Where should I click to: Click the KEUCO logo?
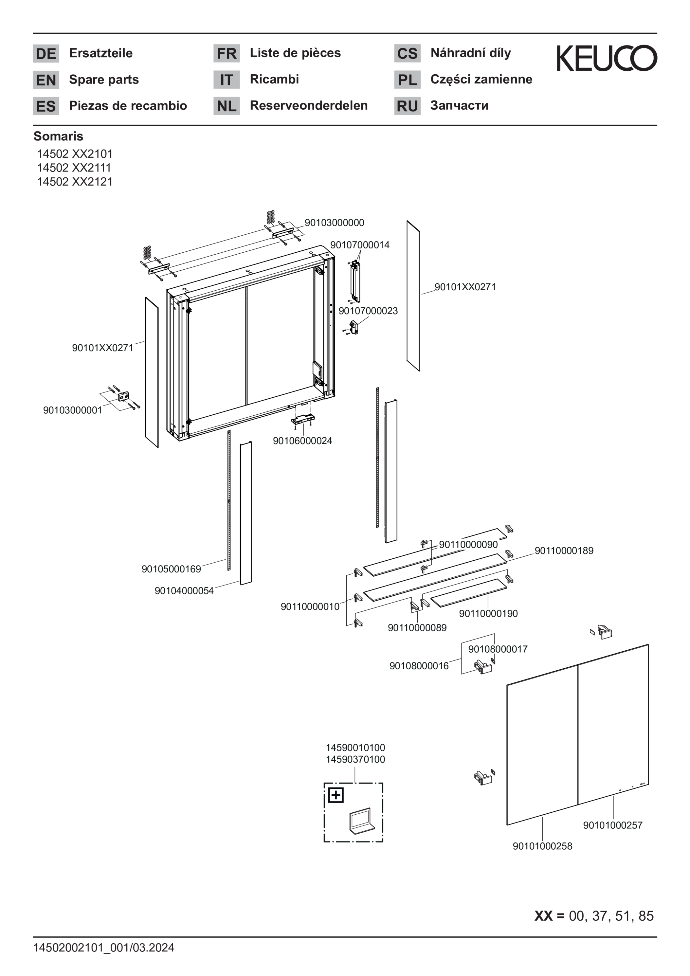607,58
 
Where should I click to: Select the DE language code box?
46,54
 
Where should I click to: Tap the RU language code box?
407,106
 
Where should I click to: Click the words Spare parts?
104,80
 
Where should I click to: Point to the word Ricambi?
274,79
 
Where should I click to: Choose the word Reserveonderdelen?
309,105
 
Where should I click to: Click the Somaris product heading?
58,136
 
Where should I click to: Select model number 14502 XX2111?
74,168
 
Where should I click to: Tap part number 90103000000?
334,222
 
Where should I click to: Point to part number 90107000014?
360,244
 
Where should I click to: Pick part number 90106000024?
302,441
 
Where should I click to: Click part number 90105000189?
171,569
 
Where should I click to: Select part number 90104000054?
184,590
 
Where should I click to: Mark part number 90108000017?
498,649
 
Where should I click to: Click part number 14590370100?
355,759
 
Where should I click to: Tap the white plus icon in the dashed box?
336,795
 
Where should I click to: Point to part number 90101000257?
612,825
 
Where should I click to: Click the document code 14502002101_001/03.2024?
104,948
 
